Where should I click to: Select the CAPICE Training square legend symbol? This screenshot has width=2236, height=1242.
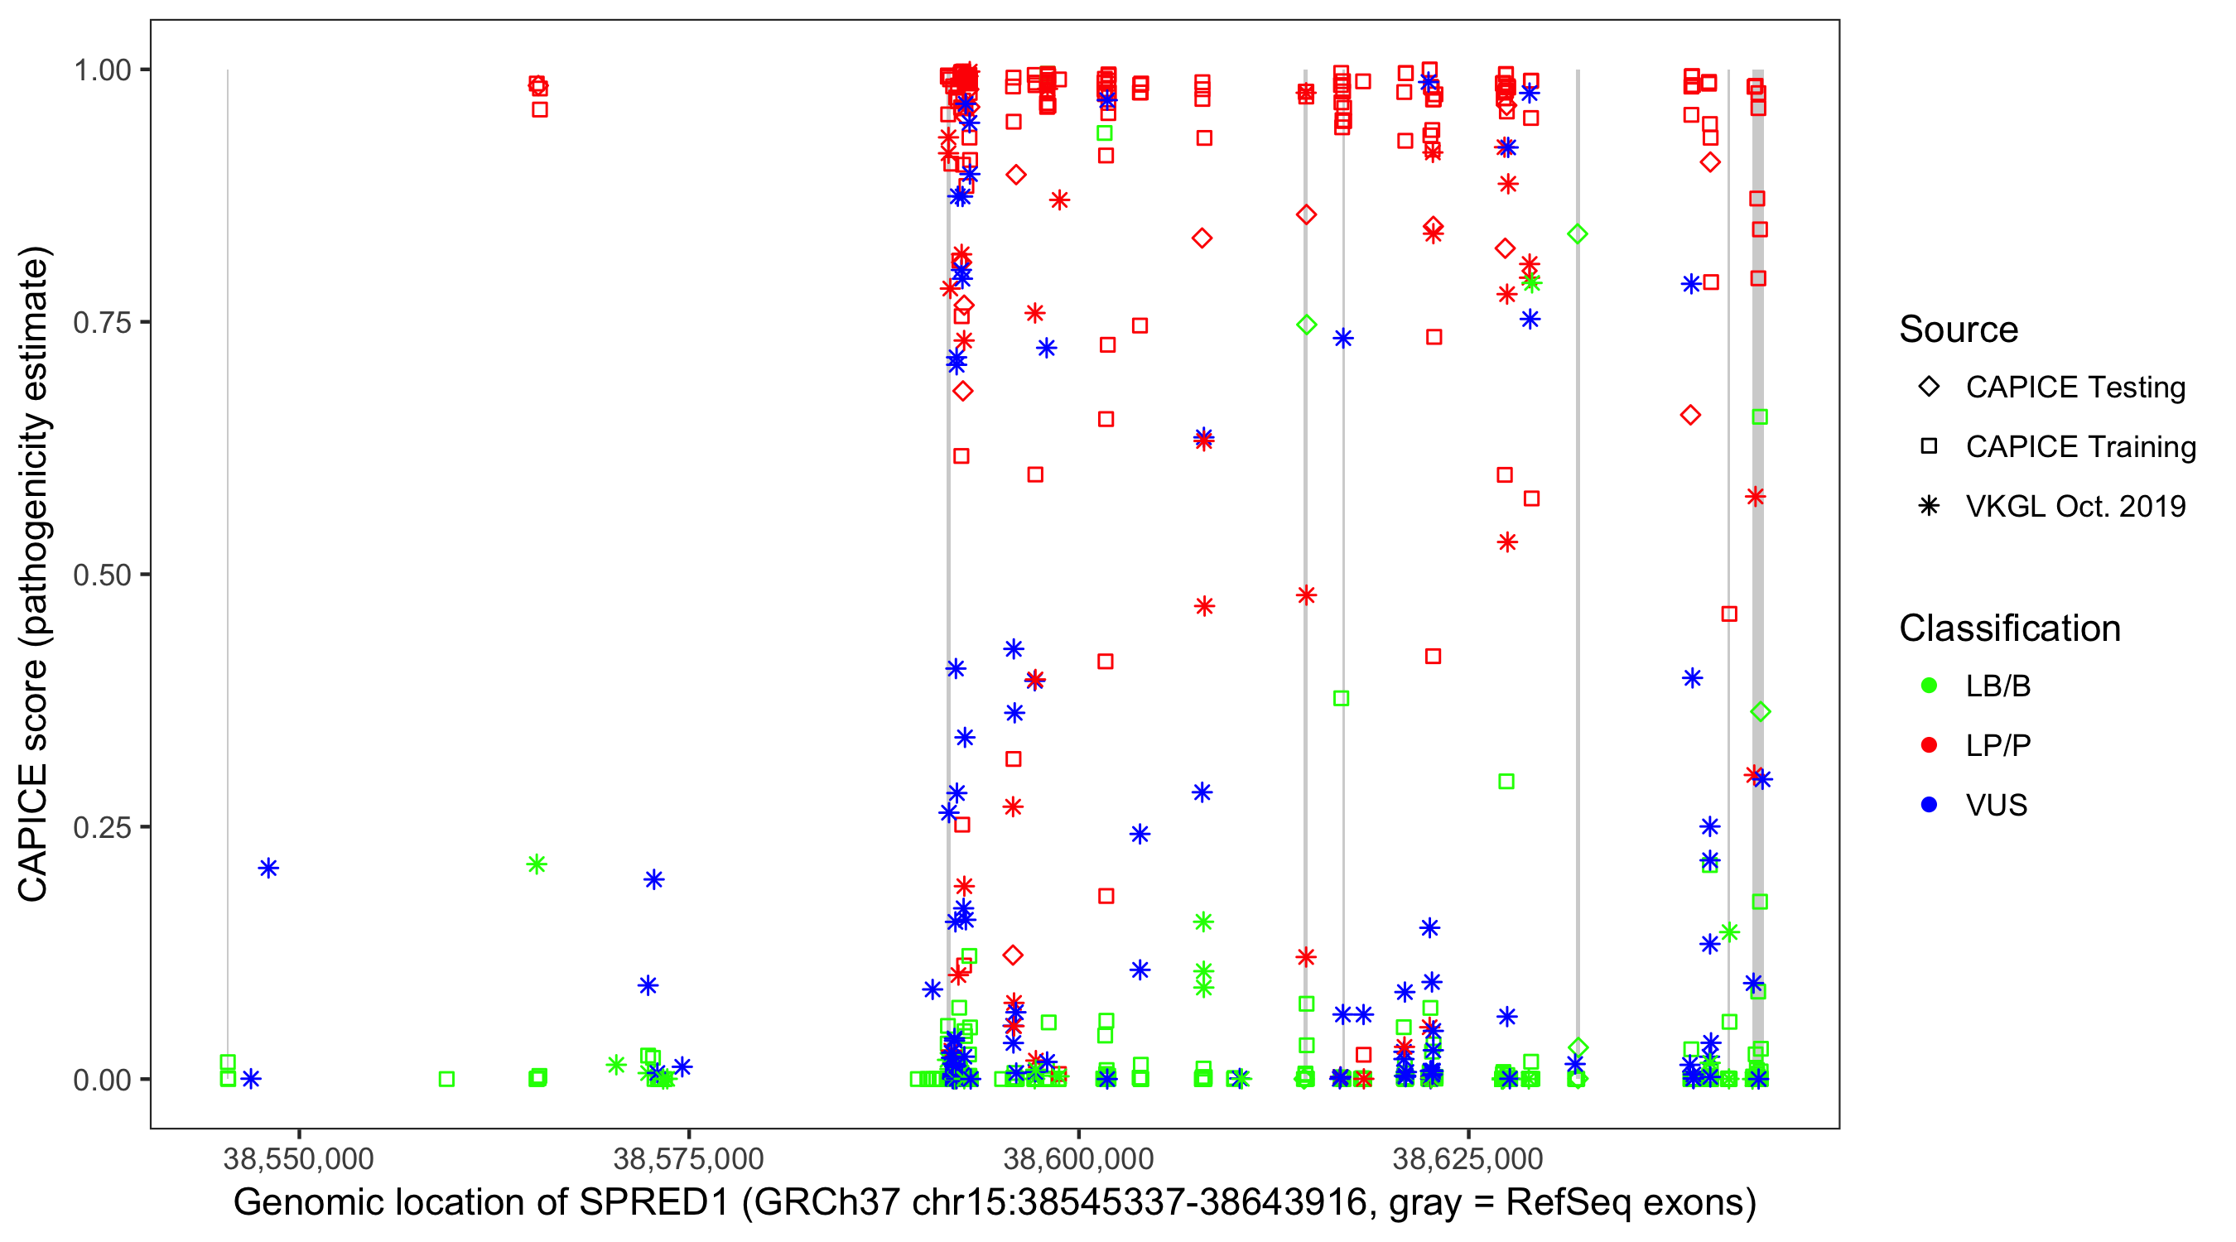[x=1929, y=446]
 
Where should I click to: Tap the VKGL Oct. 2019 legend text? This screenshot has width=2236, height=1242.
[x=2075, y=506]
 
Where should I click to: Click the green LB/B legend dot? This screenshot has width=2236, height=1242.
[x=1929, y=686]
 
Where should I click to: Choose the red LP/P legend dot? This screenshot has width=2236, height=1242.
[x=1929, y=745]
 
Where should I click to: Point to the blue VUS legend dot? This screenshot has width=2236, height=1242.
[x=1929, y=805]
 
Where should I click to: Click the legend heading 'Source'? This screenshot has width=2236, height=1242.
[x=1959, y=330]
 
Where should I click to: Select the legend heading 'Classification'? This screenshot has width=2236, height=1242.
[x=2009, y=628]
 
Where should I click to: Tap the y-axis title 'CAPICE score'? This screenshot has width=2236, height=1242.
[x=33, y=781]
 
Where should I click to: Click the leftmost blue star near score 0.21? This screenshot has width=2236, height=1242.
[x=268, y=868]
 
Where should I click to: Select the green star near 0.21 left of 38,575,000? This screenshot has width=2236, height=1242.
[x=537, y=864]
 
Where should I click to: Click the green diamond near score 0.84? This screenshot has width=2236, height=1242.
[x=1577, y=233]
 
